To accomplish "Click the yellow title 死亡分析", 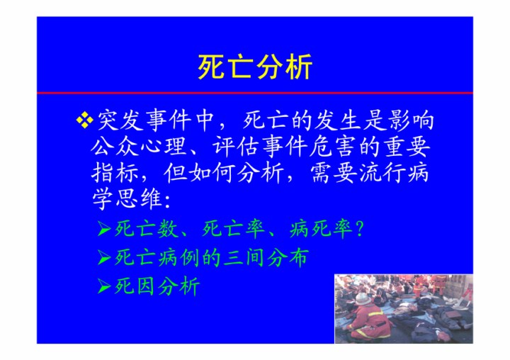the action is [255, 67].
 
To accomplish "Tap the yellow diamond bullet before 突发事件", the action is [84, 120].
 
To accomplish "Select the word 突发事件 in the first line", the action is [144, 120].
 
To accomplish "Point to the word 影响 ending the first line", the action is [411, 120].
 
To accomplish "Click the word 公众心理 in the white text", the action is [139, 147].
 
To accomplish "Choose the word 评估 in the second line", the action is [237, 147].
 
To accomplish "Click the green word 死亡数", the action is [147, 229].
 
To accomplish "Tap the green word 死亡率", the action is [234, 229].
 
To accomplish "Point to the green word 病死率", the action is [321, 229].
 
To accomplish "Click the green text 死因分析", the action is [157, 286].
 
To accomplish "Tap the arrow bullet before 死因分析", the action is [105, 287].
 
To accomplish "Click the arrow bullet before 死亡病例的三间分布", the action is [105, 258].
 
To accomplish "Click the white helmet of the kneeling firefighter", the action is [363, 298].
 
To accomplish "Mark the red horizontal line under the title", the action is [255, 93].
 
